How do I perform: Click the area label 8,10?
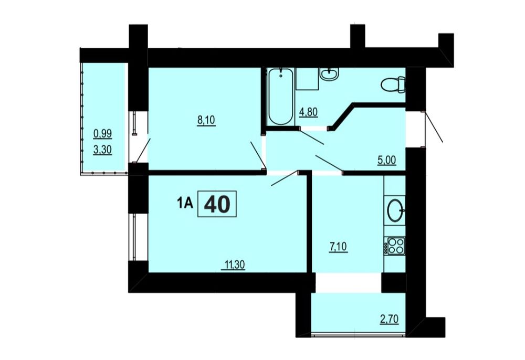206,120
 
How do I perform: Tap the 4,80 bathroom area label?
308,112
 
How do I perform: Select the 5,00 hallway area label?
387,160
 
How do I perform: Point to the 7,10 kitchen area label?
338,248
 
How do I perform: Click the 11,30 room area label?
235,265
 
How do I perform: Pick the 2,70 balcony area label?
390,319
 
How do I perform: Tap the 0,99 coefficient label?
102,134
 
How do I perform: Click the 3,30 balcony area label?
102,150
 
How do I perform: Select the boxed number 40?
217,204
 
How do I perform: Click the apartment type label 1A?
185,203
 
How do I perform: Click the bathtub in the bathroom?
281,97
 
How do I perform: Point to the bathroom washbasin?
329,73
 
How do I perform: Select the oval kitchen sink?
396,210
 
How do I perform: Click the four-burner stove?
396,246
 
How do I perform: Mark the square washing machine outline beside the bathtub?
307,79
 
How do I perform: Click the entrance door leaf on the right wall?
434,127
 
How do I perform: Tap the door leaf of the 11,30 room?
285,178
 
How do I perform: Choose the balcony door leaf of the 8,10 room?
143,150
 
